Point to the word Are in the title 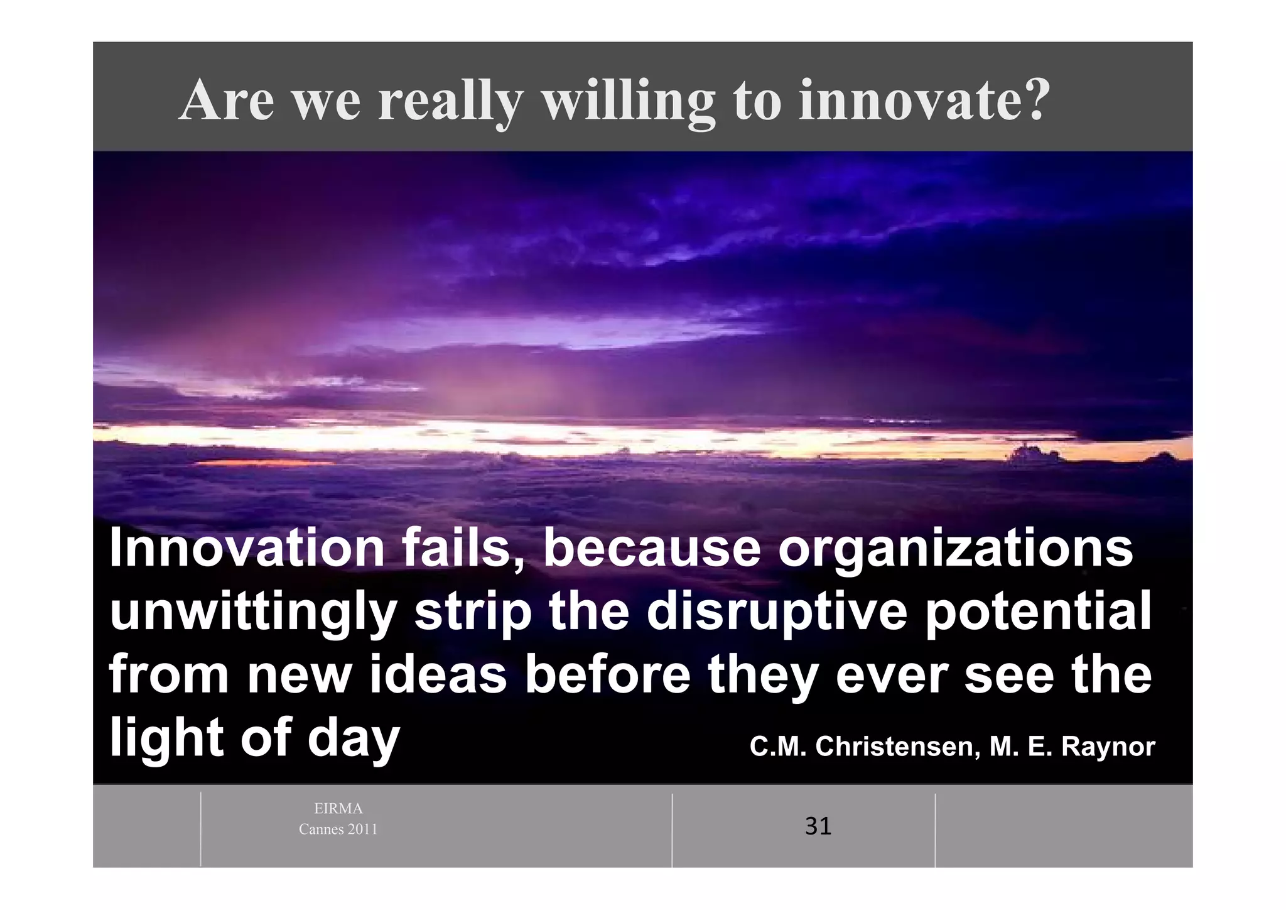point(227,101)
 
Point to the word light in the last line point(165,739)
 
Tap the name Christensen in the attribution point(898,747)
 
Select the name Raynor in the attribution point(1108,747)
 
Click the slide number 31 point(818,826)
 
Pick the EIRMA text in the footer point(338,809)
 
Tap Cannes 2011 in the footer point(338,830)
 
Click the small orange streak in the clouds point(264,463)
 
